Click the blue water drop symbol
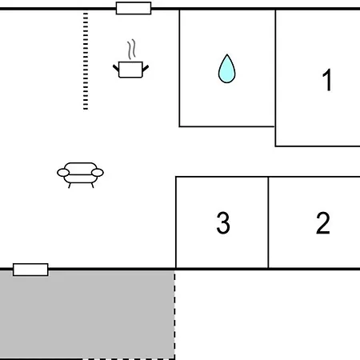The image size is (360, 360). pyautogui.click(x=226, y=69)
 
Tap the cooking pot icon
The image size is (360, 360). pyautogui.click(x=130, y=70)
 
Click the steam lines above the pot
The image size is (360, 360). pyautogui.click(x=131, y=50)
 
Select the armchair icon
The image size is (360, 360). pyautogui.click(x=80, y=175)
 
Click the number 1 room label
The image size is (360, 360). pyautogui.click(x=327, y=80)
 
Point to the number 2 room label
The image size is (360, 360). pyautogui.click(x=323, y=223)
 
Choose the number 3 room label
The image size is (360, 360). pyautogui.click(x=223, y=223)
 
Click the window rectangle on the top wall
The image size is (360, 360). pyautogui.click(x=134, y=8)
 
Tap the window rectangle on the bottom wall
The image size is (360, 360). pyautogui.click(x=30, y=270)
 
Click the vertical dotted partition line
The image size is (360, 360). pyautogui.click(x=86, y=61)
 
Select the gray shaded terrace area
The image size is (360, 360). pyautogui.click(x=87, y=314)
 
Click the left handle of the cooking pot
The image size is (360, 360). pyautogui.click(x=116, y=68)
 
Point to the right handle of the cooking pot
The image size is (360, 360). pyautogui.click(x=146, y=69)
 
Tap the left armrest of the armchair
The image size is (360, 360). pyautogui.click(x=63, y=173)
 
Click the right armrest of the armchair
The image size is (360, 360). pyautogui.click(x=98, y=173)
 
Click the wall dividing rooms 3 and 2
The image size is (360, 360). pyautogui.click(x=268, y=222)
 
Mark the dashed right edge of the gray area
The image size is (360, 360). pyautogui.click(x=174, y=314)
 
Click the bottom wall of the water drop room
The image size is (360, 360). pyautogui.click(x=227, y=126)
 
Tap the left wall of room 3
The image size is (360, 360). pyautogui.click(x=176, y=222)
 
